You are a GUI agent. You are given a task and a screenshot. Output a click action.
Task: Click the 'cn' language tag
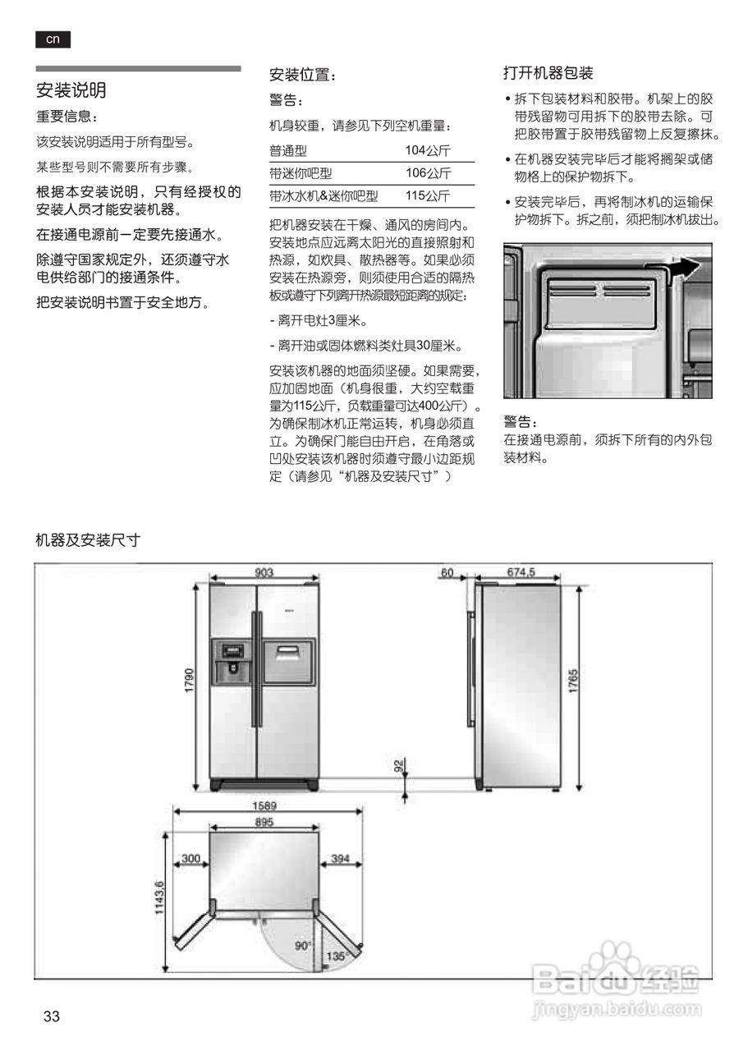53,39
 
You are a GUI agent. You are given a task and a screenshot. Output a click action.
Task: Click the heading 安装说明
71,89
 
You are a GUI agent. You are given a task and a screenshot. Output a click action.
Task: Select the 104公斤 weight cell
428,150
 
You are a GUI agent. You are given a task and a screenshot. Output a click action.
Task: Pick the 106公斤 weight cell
428,173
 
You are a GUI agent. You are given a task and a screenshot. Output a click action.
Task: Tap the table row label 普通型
288,150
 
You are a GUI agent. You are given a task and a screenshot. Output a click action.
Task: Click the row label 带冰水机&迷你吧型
324,196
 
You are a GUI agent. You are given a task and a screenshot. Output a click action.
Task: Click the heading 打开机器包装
548,73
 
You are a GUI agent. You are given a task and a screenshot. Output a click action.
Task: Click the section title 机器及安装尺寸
88,540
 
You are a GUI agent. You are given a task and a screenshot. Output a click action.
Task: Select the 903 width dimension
264,572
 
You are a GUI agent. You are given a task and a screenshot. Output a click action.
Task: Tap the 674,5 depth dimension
521,572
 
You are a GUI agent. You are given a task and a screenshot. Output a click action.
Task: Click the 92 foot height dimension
399,767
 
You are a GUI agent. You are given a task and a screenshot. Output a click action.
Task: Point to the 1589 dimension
264,805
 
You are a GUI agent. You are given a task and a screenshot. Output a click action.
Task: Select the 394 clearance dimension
340,859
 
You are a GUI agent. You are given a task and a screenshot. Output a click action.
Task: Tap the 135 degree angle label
334,957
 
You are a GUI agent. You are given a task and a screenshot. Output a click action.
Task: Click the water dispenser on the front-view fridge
232,662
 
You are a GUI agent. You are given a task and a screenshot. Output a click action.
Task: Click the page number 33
52,1017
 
